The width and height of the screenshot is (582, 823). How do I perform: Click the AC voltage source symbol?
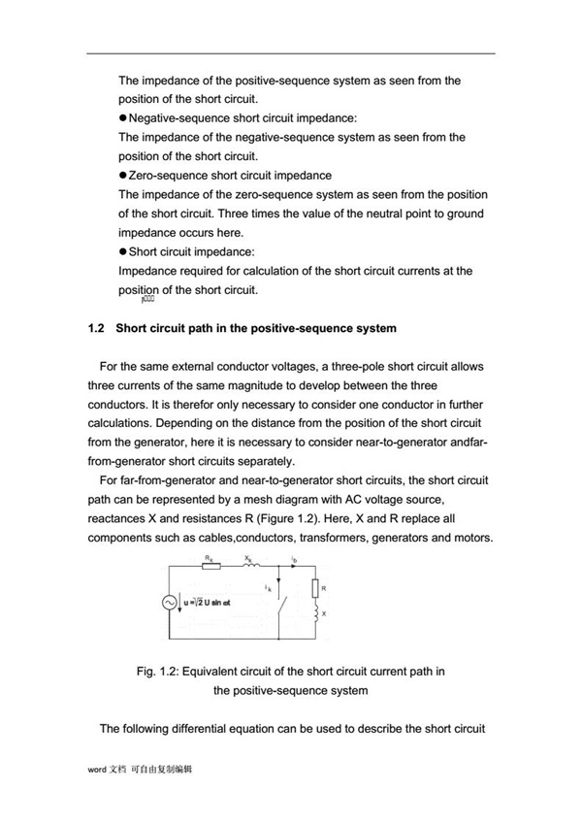pyautogui.click(x=167, y=603)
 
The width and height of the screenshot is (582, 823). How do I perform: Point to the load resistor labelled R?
pyautogui.click(x=314, y=588)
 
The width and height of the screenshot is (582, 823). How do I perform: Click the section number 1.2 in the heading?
pyautogui.click(x=96, y=328)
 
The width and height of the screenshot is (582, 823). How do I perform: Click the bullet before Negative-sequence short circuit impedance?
pyautogui.click(x=123, y=116)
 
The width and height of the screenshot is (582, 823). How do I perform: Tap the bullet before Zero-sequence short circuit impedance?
pyautogui.click(x=123, y=176)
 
